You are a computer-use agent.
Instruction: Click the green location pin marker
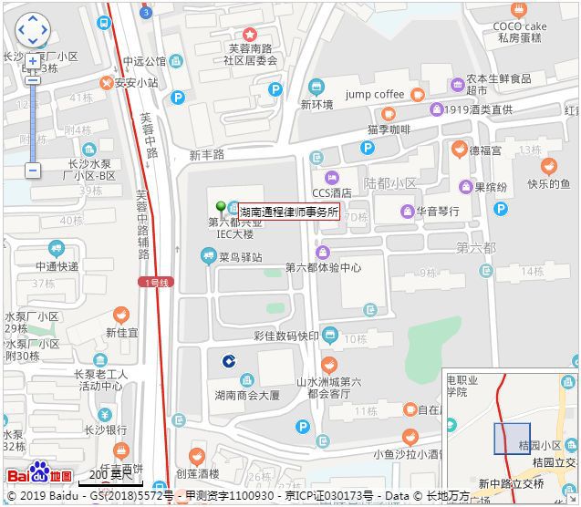(220, 207)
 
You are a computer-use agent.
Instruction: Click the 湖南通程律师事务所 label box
(289, 212)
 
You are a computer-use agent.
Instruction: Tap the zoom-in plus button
(33, 61)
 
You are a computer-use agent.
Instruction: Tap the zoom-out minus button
(33, 171)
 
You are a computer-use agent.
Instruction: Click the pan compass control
(33, 29)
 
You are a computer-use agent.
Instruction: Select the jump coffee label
(375, 95)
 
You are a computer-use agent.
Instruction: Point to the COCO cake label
(520, 26)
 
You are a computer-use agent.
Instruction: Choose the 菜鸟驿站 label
(241, 257)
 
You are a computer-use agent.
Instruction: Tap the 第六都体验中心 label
(323, 268)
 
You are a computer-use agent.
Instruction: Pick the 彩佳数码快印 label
(286, 336)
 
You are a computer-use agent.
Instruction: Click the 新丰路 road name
(207, 155)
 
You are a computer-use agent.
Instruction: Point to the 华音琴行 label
(439, 212)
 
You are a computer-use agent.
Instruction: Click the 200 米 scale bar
(109, 477)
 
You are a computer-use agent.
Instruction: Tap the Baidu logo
(40, 474)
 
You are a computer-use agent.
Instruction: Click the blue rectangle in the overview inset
(512, 439)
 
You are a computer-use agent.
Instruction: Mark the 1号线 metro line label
(157, 283)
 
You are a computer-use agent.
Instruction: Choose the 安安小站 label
(136, 82)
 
